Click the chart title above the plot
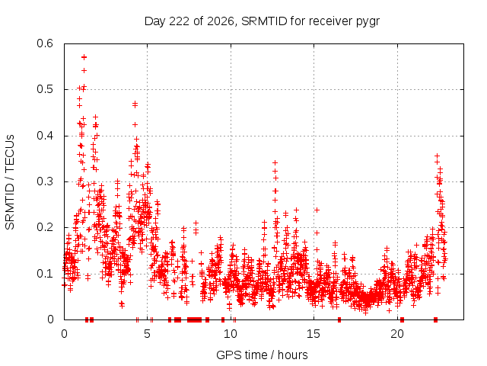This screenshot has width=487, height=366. [x=262, y=21]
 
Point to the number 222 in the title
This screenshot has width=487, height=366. [x=180, y=21]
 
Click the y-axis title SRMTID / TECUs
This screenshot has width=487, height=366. [x=10, y=182]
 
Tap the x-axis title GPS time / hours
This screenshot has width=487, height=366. [x=262, y=355]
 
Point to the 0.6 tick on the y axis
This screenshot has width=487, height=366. [x=45, y=43]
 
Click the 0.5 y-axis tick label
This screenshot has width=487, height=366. [x=45, y=89]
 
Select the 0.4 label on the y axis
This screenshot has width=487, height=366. [x=45, y=136]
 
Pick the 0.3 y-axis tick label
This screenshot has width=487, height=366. [x=45, y=181]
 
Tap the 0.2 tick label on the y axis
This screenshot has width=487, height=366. [x=45, y=227]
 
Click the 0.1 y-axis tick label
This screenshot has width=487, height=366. [x=45, y=274]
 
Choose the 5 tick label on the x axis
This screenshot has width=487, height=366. [x=147, y=334]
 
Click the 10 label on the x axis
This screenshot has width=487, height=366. [x=231, y=334]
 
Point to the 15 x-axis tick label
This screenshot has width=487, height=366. [x=314, y=334]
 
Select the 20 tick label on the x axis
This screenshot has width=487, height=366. [x=397, y=334]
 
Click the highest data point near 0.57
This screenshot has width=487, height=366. [x=84, y=57]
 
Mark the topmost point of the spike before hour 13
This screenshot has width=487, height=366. [x=275, y=162]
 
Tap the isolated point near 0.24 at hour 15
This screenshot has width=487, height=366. [x=317, y=210]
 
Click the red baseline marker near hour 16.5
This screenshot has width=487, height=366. [x=339, y=319]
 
